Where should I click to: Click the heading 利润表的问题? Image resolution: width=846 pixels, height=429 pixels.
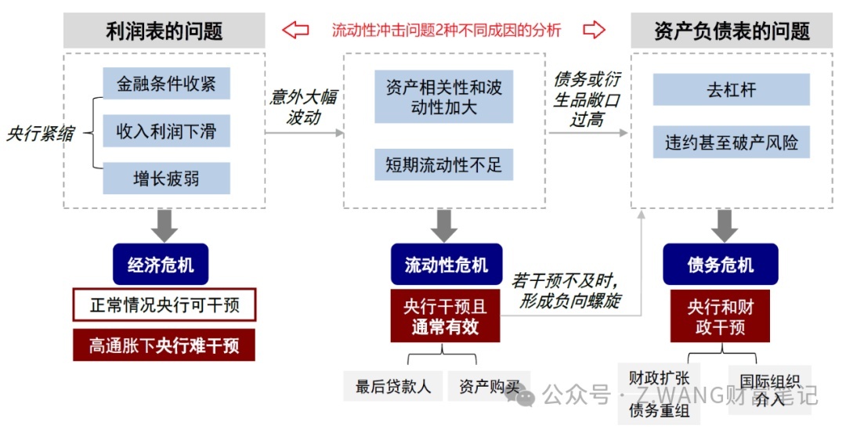pyautogui.click(x=164, y=31)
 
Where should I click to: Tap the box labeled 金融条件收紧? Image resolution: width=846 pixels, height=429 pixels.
pyautogui.click(x=166, y=84)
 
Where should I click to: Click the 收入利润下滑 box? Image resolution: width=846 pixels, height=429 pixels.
pyautogui.click(x=166, y=131)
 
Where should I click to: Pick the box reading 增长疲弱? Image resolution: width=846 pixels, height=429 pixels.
pyautogui.click(x=166, y=178)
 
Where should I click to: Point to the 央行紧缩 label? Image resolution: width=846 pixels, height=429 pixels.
pyautogui.click(x=40, y=132)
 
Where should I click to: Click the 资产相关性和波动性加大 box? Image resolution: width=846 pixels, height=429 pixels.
pyautogui.click(x=443, y=97)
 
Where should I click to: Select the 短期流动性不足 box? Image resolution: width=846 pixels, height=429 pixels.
pyautogui.click(x=443, y=165)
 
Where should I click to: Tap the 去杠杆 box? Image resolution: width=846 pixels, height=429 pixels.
pyautogui.click(x=731, y=89)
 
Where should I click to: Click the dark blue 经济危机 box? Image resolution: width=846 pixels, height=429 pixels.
pyautogui.click(x=161, y=265)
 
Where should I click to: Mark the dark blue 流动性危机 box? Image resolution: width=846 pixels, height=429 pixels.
pyautogui.click(x=446, y=265)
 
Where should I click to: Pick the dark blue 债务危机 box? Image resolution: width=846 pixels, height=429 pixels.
pyautogui.click(x=720, y=265)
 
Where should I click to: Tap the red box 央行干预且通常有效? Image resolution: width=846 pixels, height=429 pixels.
pyautogui.click(x=445, y=316)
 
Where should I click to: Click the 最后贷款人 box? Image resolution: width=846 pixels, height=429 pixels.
pyautogui.click(x=393, y=386)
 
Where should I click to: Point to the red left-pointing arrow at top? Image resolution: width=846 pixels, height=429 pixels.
pyautogui.click(x=295, y=31)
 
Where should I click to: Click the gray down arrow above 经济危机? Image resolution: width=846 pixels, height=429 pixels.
pyautogui.click(x=164, y=225)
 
